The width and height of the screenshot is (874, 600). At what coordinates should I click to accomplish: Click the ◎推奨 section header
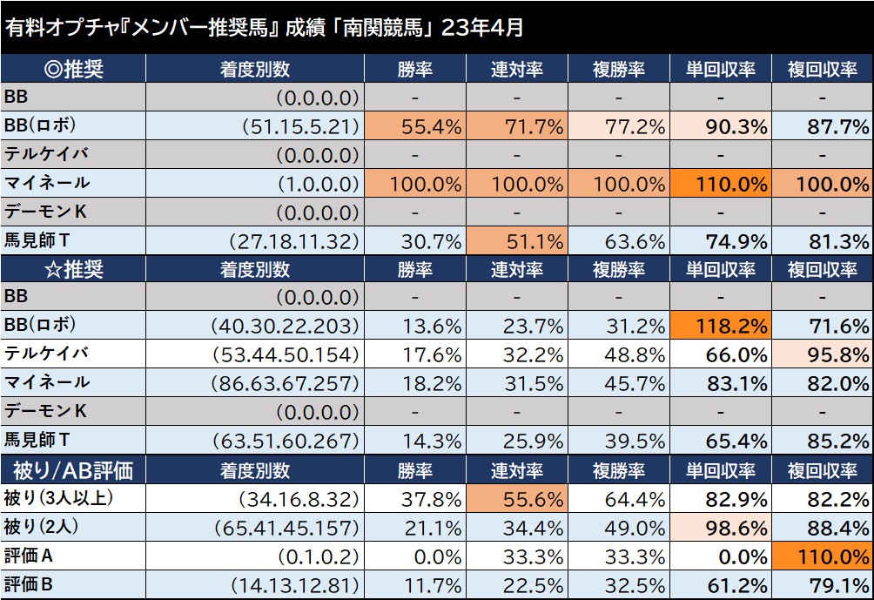tap(72, 70)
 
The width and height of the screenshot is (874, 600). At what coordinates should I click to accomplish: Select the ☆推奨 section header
tap(72, 269)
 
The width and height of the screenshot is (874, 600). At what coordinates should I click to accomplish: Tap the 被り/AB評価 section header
tap(72, 470)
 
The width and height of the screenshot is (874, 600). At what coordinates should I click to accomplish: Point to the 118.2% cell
tap(720, 327)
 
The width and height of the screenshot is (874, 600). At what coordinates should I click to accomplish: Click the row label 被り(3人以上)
tap(58, 498)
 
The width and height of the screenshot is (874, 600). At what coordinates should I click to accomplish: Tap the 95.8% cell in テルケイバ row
tap(822, 355)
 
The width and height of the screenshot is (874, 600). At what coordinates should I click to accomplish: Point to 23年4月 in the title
tap(482, 27)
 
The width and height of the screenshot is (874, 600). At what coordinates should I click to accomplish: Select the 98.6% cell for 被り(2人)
tap(720, 527)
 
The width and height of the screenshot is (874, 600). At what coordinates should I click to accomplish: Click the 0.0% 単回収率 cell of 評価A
tap(720, 556)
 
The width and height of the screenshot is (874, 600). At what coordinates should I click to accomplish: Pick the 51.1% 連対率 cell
tap(516, 241)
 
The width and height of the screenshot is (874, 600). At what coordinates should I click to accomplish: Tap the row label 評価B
tap(31, 583)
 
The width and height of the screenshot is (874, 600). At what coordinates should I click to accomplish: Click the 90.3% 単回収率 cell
tap(720, 127)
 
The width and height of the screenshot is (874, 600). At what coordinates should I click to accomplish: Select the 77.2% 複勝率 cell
tap(618, 127)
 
